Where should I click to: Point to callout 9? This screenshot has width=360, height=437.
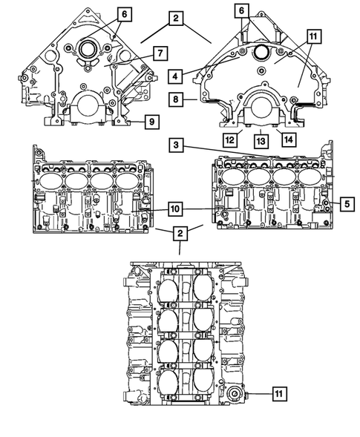[x=151, y=119]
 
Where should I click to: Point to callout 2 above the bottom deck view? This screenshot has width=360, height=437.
[x=180, y=234]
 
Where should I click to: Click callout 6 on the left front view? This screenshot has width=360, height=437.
[x=124, y=13]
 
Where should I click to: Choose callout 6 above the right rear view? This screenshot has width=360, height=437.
[x=241, y=10]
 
